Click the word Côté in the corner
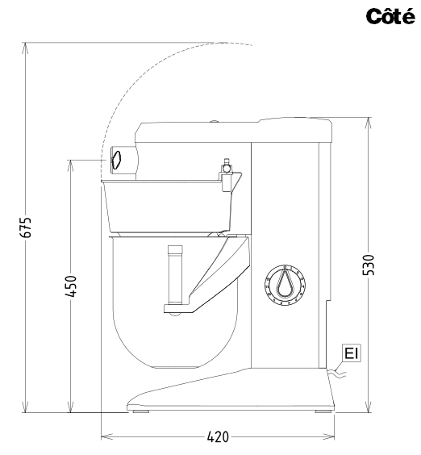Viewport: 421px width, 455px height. point(390,16)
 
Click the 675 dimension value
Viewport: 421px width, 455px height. point(26,227)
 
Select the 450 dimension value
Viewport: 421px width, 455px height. point(70,286)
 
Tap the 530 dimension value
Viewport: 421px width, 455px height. point(369,265)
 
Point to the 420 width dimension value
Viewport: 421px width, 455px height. point(218,436)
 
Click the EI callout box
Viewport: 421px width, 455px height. point(352,353)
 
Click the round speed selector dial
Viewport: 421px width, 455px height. point(285,285)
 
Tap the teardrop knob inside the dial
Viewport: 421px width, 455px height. point(285,283)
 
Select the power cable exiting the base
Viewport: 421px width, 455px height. point(337,374)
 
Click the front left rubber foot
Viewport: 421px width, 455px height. point(140,411)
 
